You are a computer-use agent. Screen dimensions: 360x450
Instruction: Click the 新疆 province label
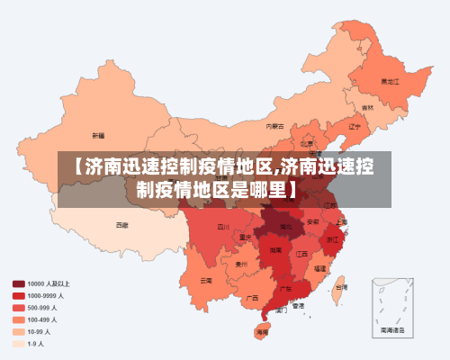pyautogui.click(x=98, y=135)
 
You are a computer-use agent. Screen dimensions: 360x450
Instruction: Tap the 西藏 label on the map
pyautogui.click(x=121, y=225)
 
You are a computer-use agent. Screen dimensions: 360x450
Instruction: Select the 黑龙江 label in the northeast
pyautogui.click(x=389, y=81)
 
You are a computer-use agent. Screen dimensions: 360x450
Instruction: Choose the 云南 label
pyautogui.click(x=207, y=280)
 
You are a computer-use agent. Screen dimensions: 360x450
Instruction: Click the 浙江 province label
pyautogui.click(x=332, y=239)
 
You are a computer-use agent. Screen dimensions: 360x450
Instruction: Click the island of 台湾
pyautogui.click(x=339, y=287)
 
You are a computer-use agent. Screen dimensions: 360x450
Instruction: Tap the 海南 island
pyautogui.click(x=262, y=331)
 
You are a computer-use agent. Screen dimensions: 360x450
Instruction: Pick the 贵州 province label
pyautogui.click(x=241, y=265)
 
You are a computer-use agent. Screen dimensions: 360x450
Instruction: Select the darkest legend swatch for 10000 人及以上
pyautogui.click(x=18, y=283)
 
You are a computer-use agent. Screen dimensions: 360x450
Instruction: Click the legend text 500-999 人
pyautogui.click(x=41, y=307)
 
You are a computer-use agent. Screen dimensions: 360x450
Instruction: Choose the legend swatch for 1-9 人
pyautogui.click(x=18, y=343)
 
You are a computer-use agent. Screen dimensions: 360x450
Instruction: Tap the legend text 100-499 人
pyautogui.click(x=41, y=319)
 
